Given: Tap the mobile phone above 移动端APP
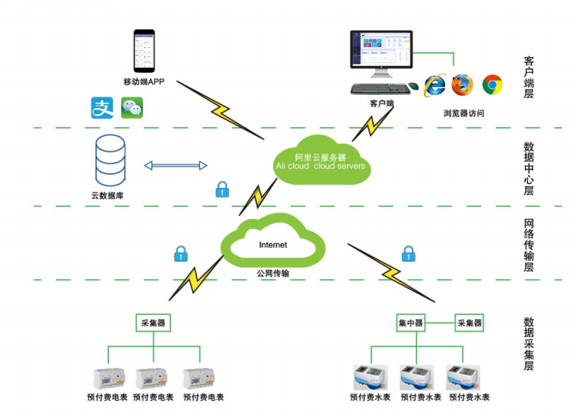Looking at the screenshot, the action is coord(144,51).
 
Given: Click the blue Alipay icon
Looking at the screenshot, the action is coord(102,108).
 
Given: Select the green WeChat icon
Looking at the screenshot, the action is coord(132,108).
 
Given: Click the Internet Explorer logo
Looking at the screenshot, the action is coord(435,85).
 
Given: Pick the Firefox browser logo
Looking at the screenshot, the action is coord(462,84).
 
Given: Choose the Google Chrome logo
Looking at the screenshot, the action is coord(492,84).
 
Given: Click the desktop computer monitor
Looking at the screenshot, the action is coord(381,53).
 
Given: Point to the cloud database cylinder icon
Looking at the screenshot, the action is coord(110,160).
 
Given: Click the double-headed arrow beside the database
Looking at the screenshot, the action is coord(176,166).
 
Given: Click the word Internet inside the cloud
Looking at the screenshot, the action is coord(273,245).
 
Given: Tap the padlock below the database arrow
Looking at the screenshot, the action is coord(222,189).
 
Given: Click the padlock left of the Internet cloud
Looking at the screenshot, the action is coord(181,254).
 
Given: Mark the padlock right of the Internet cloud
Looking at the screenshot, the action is coord(409,254).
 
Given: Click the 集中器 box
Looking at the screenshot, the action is coord(411,323).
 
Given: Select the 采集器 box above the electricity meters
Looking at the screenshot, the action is coord(153,323).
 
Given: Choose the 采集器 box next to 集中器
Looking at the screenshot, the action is coord(470,323).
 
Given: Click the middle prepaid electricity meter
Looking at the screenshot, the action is coord(151,379).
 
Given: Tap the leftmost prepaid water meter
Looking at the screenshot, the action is coord(370,378).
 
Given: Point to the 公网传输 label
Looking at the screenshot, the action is coord(273,273).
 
